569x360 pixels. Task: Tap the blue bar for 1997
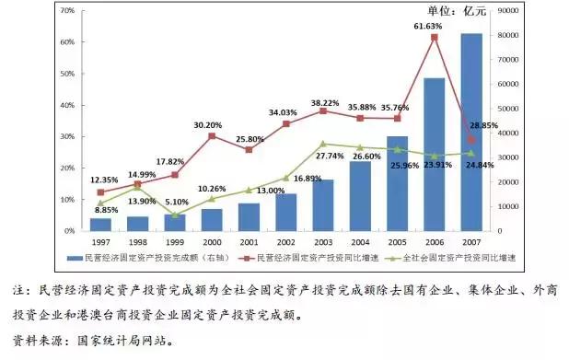point(101,224)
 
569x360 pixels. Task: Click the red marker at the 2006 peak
point(435,37)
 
